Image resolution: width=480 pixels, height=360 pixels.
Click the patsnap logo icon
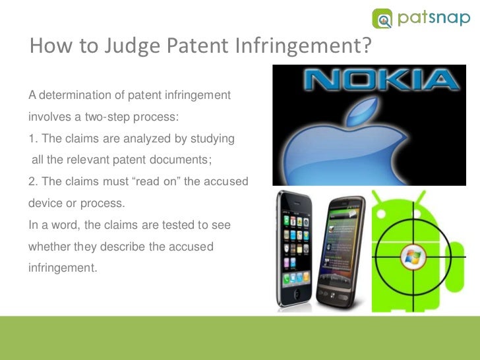pos(383,18)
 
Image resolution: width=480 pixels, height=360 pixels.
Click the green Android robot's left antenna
pos(383,198)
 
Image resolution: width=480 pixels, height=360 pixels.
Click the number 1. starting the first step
pos(32,139)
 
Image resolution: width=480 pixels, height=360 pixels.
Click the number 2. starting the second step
pos(32,181)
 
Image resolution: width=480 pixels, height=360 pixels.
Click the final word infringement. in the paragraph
pos(62,268)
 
